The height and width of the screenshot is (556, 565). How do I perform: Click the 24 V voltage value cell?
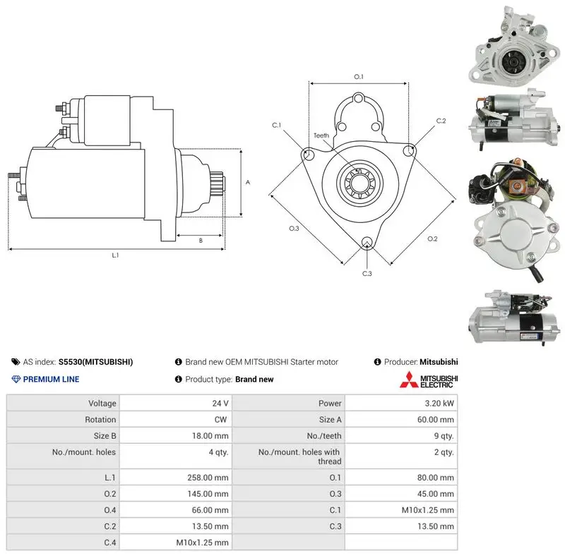click(x=220, y=403)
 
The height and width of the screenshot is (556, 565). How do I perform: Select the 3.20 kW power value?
click(x=439, y=403)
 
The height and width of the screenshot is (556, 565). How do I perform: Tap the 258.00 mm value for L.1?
click(x=208, y=478)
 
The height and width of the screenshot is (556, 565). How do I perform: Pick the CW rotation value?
click(x=220, y=420)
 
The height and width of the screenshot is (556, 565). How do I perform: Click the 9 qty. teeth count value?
click(x=444, y=436)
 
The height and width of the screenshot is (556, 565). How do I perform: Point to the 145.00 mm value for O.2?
click(x=208, y=494)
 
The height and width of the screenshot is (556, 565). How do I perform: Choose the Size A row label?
click(x=330, y=420)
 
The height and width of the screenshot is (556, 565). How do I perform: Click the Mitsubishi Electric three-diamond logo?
click(x=409, y=380)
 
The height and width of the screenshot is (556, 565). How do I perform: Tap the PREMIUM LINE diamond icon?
click(x=16, y=379)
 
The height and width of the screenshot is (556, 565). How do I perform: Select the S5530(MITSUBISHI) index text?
click(x=95, y=362)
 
